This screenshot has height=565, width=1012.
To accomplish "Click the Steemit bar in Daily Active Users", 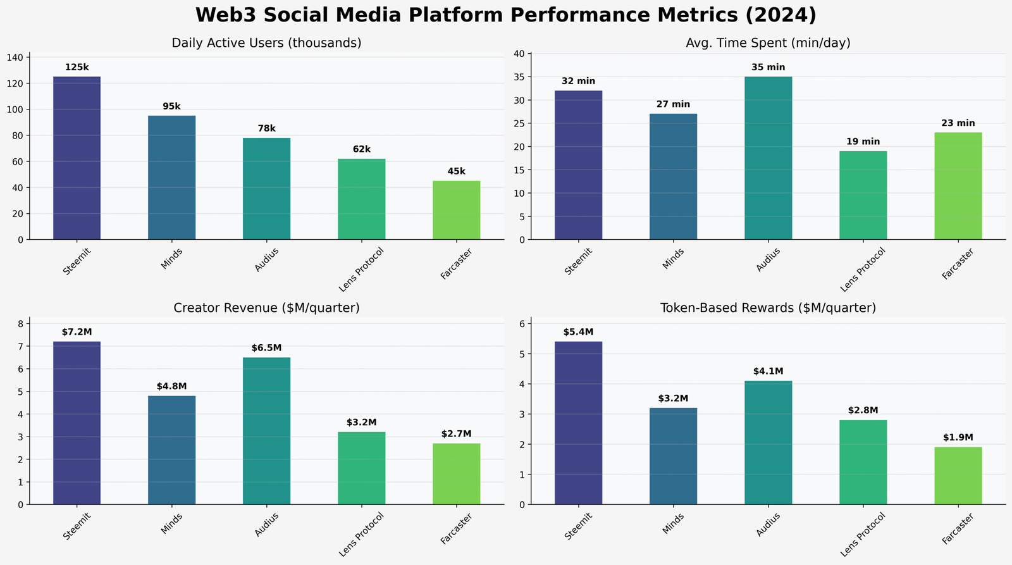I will click(77, 158).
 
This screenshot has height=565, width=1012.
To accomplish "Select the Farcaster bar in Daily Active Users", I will click(456, 210).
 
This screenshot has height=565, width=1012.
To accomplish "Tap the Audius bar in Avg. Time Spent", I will click(768, 158).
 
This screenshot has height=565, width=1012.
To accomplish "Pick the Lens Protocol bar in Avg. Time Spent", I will click(863, 196).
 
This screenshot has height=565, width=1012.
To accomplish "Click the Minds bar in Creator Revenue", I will click(171, 450).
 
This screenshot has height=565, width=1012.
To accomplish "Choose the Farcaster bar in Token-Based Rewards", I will click(958, 476).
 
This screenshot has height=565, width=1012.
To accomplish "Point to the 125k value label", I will click(77, 68).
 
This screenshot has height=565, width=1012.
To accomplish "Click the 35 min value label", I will click(768, 68).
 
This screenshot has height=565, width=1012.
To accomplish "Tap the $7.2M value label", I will click(77, 332).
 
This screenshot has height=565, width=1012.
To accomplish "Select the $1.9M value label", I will click(958, 438).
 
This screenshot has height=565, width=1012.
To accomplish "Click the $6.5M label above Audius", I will click(266, 348).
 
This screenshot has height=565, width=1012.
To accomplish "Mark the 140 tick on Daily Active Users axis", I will click(32, 58).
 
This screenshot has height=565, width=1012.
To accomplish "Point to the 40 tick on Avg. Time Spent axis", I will click(518, 54).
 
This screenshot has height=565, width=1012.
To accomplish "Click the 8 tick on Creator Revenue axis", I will click(38, 324).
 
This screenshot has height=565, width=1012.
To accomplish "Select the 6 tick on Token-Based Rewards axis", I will click(522, 324).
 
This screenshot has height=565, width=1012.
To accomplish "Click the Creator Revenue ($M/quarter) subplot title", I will click(266, 308).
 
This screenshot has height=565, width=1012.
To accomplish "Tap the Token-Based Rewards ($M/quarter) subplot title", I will click(768, 308).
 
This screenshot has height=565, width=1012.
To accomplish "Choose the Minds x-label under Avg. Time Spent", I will click(673, 258).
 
